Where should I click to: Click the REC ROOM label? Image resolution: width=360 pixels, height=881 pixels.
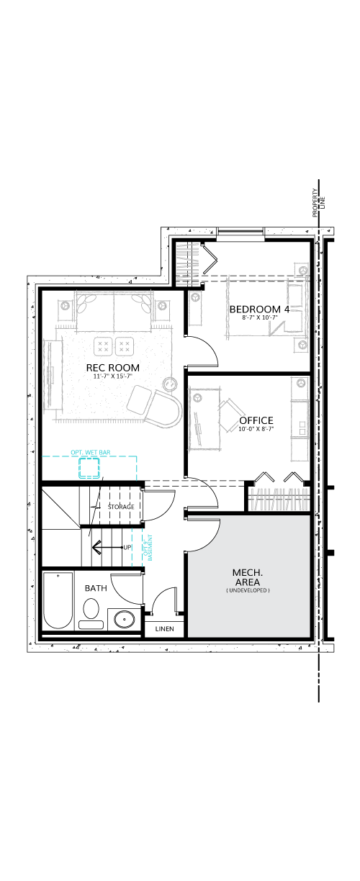[112, 368]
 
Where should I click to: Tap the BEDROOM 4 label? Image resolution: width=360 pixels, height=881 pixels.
[259, 310]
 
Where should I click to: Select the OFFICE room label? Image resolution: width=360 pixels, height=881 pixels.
[256, 420]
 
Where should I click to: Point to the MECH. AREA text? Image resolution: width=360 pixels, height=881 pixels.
[248, 577]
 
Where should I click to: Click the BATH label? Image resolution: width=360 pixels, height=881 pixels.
[96, 588]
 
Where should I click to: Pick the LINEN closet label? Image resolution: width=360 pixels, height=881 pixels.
[164, 629]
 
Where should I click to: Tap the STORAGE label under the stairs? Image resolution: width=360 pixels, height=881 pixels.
[121, 507]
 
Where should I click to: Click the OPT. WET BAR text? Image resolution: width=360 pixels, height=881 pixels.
[91, 452]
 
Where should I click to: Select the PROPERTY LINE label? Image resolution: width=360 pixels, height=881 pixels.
[319, 203]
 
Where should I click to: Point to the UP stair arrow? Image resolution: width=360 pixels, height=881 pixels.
[107, 547]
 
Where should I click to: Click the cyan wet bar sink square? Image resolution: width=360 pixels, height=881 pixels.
[89, 468]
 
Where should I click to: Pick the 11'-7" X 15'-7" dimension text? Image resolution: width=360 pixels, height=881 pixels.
[112, 376]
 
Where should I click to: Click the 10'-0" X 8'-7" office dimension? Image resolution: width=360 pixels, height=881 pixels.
[256, 429]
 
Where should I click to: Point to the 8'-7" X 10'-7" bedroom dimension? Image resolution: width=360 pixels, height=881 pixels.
[260, 317]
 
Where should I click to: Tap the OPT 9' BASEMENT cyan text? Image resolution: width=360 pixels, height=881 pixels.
[148, 547]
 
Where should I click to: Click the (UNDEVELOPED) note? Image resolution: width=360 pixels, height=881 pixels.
[248, 590]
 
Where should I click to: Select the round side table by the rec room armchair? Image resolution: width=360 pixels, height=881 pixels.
[171, 384]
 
